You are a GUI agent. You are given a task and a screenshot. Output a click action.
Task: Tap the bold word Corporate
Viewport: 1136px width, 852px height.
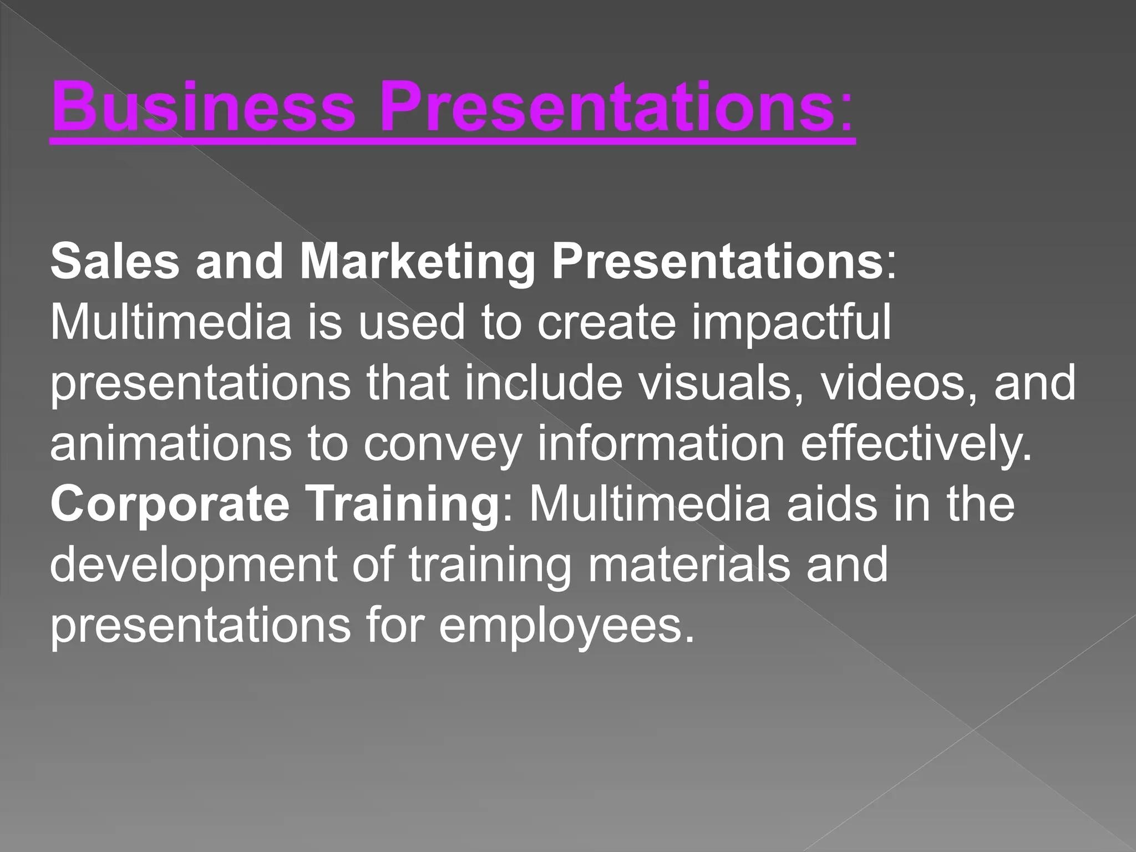pyautogui.click(x=170, y=504)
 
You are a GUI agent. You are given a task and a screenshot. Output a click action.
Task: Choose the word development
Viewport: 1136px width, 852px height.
pyautogui.click(x=194, y=566)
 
